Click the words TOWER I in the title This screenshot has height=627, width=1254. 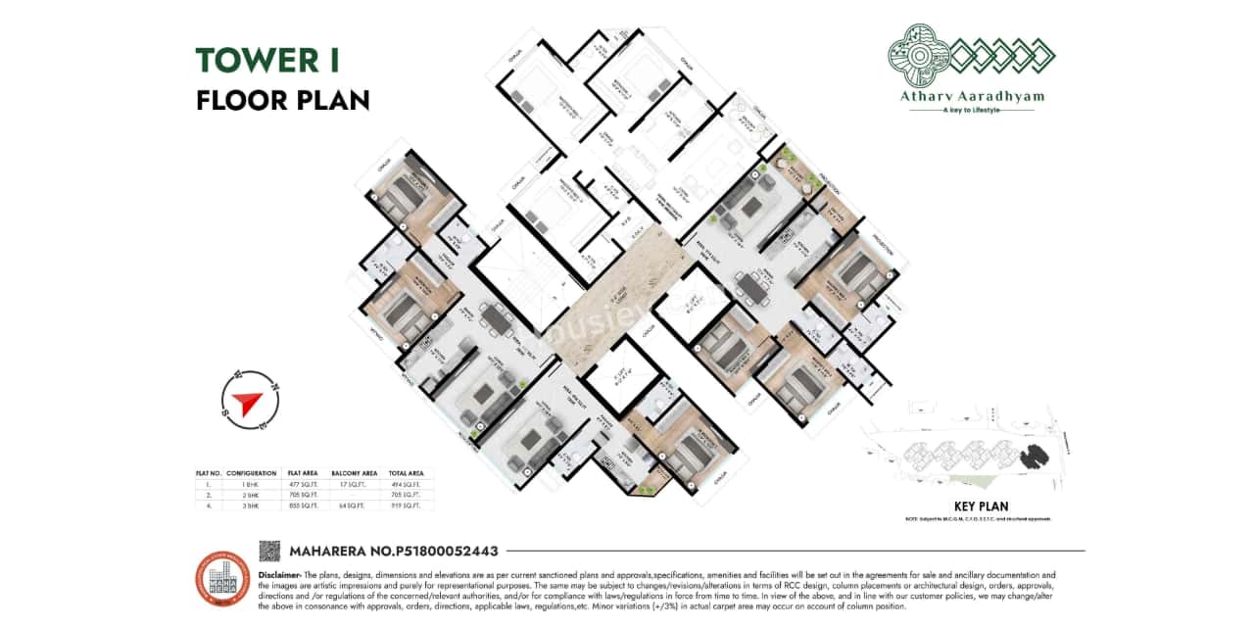pos(267,61)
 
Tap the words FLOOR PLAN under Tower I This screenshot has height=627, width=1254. pos(282,100)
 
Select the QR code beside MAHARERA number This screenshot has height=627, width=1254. pos(269,551)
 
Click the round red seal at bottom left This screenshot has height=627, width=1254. pos(222,579)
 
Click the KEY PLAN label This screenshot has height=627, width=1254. pos(981,506)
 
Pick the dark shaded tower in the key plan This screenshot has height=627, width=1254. pos(1031,456)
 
